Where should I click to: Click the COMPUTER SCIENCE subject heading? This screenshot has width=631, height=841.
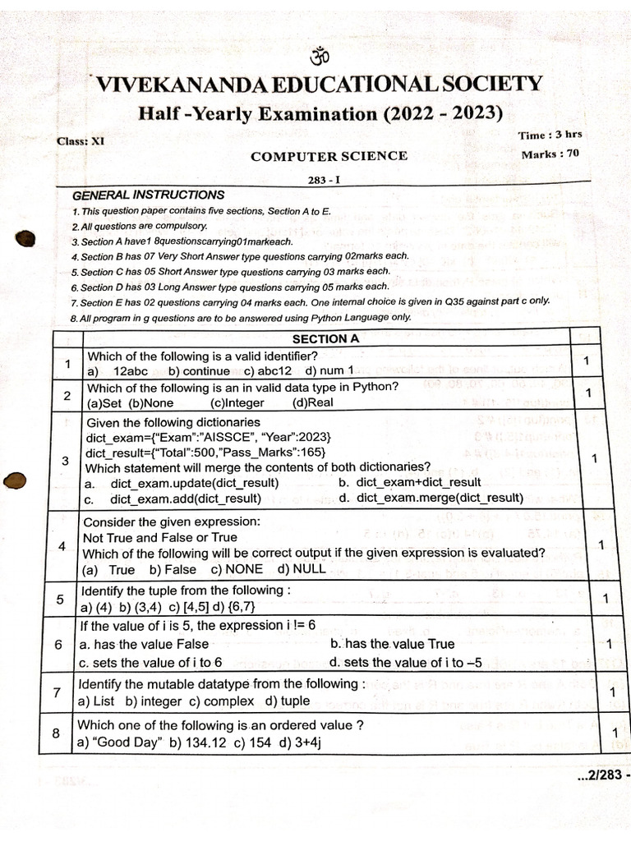(329, 156)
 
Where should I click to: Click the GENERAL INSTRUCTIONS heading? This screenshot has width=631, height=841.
(148, 195)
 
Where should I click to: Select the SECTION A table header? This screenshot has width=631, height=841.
(325, 338)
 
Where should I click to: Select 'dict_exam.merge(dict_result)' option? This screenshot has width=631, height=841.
(440, 498)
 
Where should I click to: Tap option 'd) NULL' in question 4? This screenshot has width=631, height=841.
(302, 569)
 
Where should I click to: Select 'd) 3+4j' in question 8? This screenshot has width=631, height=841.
(302, 742)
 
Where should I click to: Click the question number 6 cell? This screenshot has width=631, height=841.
(58, 645)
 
